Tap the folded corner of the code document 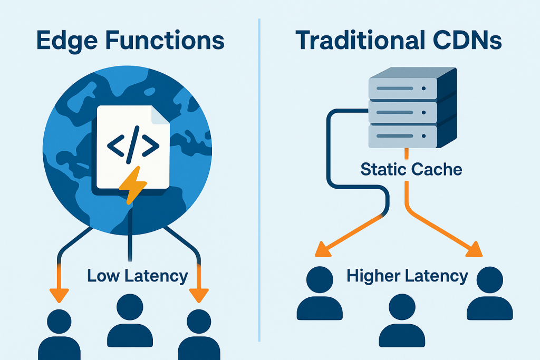[x=159, y=114]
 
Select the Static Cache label [x=411, y=169]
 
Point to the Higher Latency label [x=407, y=276]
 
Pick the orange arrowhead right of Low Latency [x=198, y=296]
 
